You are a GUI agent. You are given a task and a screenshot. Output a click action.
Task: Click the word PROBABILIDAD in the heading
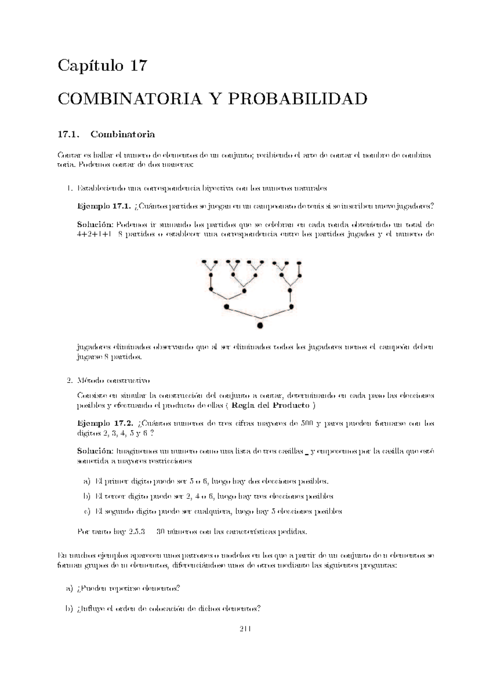[297, 99]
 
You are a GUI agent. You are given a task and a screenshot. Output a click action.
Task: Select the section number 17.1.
[67, 134]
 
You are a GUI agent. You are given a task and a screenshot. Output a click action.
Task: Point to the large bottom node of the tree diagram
[260, 326]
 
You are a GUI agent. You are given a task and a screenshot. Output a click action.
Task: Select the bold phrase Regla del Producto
[271, 406]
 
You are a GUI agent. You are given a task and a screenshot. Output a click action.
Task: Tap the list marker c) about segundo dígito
[87, 512]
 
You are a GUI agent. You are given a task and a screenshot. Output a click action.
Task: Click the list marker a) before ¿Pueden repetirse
[69, 588]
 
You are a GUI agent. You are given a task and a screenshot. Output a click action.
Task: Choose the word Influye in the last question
[94, 609]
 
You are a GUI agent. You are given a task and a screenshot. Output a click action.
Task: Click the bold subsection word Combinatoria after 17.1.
[123, 134]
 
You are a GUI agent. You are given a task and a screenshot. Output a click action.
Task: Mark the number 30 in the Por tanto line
[161, 532]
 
